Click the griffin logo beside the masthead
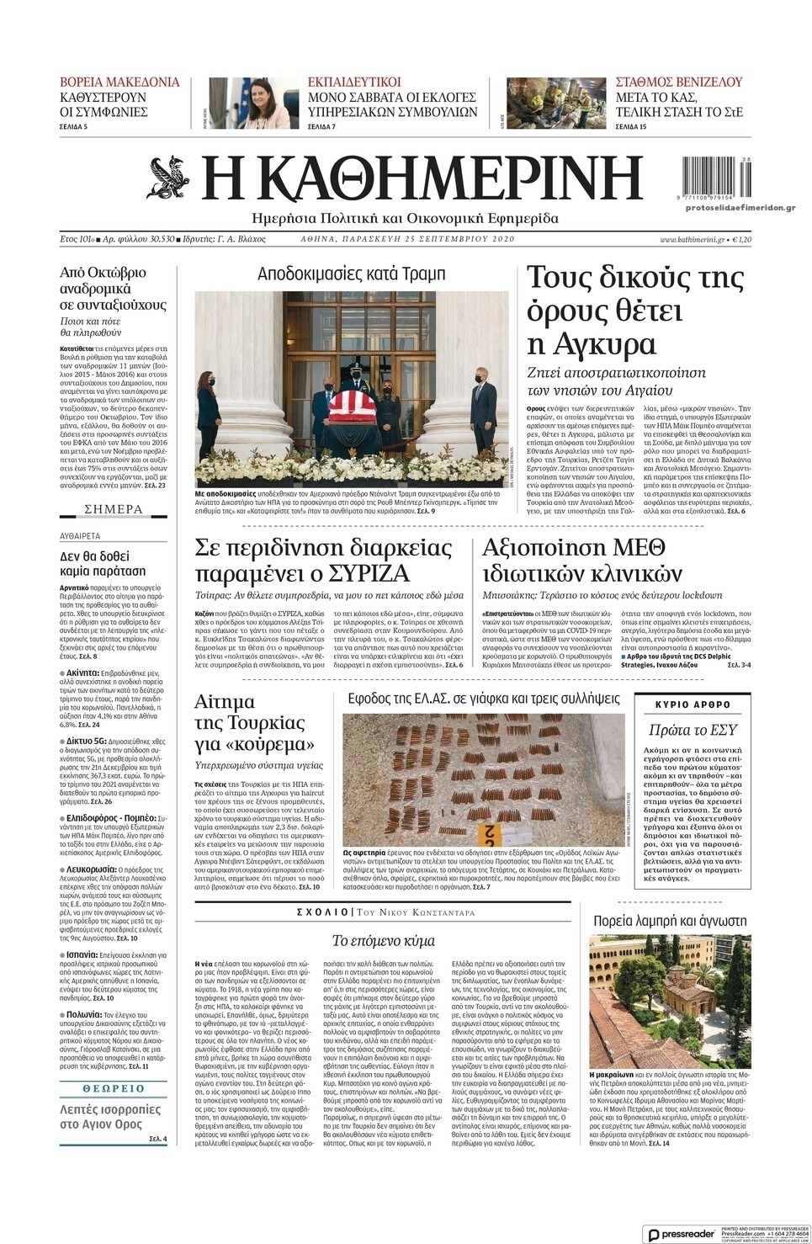tap(171, 178)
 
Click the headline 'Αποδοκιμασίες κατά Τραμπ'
tap(351, 274)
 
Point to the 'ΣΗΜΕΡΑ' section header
tap(114, 509)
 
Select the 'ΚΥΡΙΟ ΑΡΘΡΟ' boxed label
tap(693, 704)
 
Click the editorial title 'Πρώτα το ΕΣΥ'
tap(693, 730)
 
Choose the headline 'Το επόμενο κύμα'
tap(383, 940)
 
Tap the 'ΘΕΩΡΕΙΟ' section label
tap(114, 1088)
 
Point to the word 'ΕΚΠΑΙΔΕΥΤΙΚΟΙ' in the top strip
tap(354, 82)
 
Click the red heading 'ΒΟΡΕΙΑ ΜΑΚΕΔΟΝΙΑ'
tap(119, 82)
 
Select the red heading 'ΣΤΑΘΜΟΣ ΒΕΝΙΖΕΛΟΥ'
tap(679, 82)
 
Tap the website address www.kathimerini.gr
tap(692, 239)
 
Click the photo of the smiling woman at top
tap(252, 104)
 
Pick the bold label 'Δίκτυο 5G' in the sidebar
tap(87, 741)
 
